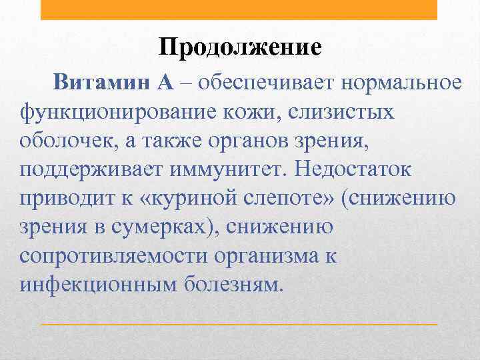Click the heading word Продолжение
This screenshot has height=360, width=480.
[240, 47]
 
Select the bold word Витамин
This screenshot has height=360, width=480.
[102, 83]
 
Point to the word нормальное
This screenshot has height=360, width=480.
[402, 83]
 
